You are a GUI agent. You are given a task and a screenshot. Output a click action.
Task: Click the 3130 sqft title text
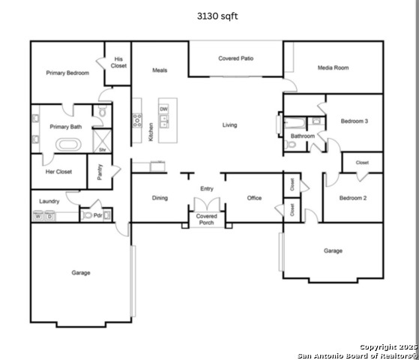(217, 16)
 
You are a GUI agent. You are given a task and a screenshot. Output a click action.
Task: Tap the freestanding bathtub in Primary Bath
(68, 145)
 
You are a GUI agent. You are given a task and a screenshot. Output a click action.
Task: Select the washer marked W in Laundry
(38, 216)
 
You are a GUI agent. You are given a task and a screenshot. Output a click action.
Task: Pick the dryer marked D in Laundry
(49, 216)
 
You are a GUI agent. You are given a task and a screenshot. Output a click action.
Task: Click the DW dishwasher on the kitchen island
(163, 109)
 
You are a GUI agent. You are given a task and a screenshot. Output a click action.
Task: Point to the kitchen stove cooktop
(137, 120)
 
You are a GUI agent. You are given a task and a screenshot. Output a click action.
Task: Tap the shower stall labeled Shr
(102, 141)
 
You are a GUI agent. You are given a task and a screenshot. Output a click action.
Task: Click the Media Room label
(333, 67)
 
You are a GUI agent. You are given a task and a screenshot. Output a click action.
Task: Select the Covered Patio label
(235, 58)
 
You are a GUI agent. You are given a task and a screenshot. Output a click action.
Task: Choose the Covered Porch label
(206, 219)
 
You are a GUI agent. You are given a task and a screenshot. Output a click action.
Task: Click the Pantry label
(100, 172)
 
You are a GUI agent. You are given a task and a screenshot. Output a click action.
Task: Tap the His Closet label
(118, 62)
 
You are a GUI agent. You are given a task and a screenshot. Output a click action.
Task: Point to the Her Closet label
(58, 172)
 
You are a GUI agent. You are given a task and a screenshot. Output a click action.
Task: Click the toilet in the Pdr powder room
(87, 215)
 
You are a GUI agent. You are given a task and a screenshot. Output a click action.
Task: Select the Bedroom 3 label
(355, 121)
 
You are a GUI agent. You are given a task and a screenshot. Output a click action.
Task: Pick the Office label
(254, 198)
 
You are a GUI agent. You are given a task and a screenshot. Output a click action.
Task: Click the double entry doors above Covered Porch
(207, 205)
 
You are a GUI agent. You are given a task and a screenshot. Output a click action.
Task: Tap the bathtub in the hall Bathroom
(295, 123)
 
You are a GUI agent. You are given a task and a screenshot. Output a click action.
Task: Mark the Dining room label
(160, 198)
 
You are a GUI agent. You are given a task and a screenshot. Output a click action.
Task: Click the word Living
(229, 125)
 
